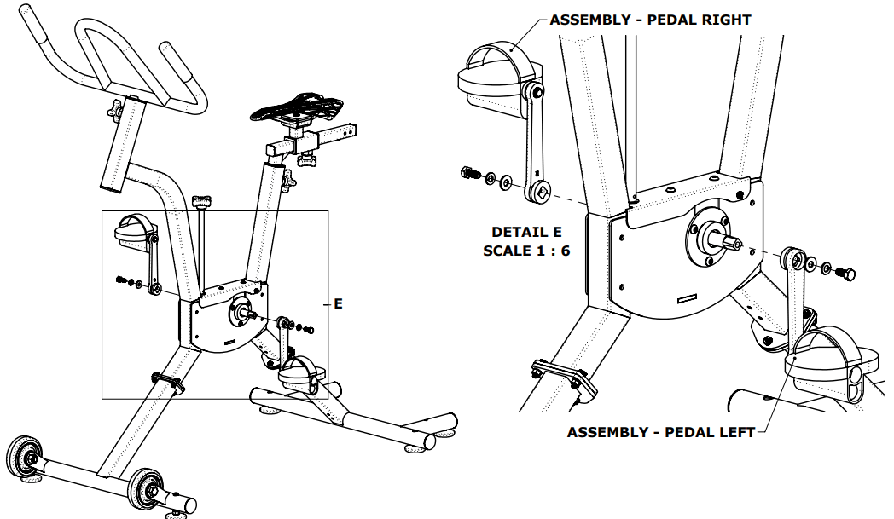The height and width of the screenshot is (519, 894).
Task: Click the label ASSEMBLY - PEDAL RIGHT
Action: point(650,19)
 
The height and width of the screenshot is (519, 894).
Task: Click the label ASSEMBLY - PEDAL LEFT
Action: point(661,432)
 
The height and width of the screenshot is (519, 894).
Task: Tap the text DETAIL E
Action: point(526,232)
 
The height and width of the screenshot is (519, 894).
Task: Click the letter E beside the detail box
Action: point(338,303)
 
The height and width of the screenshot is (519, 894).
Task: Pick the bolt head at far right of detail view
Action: point(848,274)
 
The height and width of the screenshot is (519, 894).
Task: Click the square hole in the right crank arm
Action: point(538,191)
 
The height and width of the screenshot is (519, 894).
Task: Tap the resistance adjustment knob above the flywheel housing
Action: point(200,203)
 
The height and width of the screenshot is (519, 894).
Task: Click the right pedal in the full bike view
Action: point(135,231)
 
